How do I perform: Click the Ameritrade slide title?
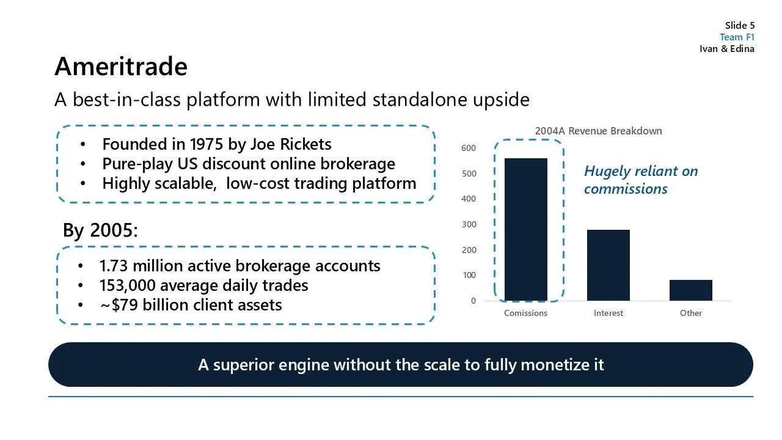pyautogui.click(x=120, y=66)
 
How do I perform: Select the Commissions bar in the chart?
pyautogui.click(x=525, y=229)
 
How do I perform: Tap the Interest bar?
pyautogui.click(x=608, y=265)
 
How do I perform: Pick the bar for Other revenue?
pyautogui.click(x=690, y=290)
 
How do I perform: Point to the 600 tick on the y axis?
pyautogui.click(x=469, y=148)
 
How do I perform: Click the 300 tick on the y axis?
pyautogui.click(x=469, y=224)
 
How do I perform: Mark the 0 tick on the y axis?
pyautogui.click(x=473, y=301)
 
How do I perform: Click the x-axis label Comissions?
pyautogui.click(x=525, y=313)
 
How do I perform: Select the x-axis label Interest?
pyautogui.click(x=608, y=313)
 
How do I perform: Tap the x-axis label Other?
pyautogui.click(x=690, y=313)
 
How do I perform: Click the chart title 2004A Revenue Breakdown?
pyautogui.click(x=598, y=131)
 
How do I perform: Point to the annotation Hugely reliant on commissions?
pyautogui.click(x=640, y=180)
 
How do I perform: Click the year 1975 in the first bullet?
pyautogui.click(x=206, y=144)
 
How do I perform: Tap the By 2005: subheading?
pyautogui.click(x=100, y=230)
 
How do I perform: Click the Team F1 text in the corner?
pyautogui.click(x=737, y=37)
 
